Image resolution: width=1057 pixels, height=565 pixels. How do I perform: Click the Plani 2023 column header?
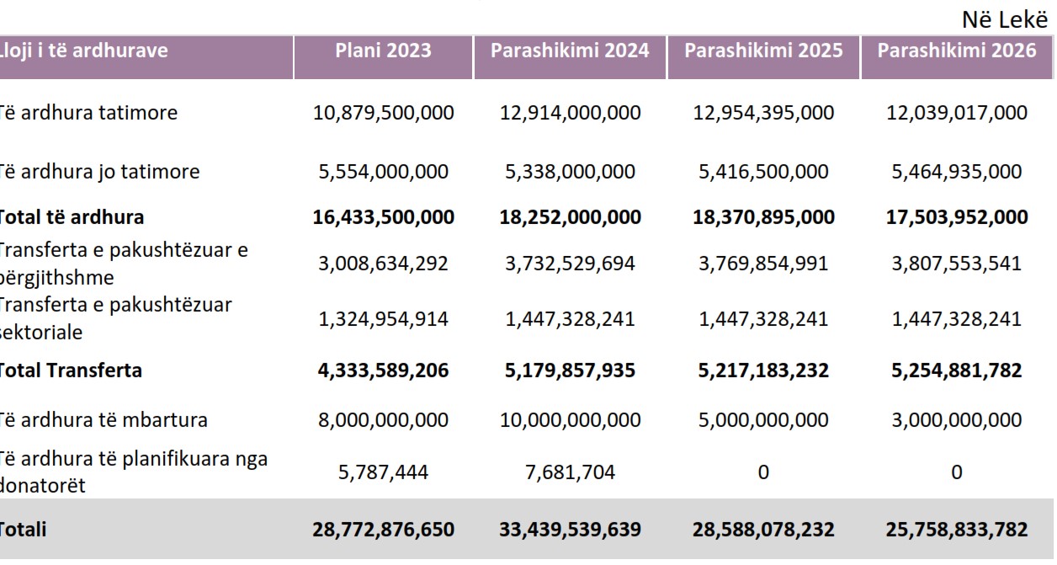click(x=383, y=51)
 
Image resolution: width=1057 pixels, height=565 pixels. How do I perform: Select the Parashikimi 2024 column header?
click(x=570, y=51)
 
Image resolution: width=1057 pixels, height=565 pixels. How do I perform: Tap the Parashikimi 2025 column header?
click(x=763, y=51)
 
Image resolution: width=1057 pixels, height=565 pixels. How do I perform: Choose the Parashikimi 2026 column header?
click(x=957, y=51)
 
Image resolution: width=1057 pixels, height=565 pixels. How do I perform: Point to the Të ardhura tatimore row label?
click(x=88, y=112)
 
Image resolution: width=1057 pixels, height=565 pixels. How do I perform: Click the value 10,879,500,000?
click(x=383, y=113)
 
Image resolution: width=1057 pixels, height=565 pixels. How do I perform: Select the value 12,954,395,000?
click(x=763, y=113)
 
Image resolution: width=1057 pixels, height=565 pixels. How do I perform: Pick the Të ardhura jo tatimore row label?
click(x=98, y=172)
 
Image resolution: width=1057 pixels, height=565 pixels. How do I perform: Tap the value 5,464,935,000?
click(x=957, y=173)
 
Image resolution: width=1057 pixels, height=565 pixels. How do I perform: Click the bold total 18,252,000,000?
click(x=570, y=217)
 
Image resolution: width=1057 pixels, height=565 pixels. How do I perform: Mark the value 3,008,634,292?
click(x=383, y=264)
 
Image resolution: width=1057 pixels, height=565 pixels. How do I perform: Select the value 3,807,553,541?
click(x=957, y=264)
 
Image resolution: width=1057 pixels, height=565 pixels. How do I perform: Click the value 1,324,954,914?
click(x=383, y=319)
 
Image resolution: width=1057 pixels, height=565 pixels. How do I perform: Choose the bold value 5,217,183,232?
click(x=763, y=370)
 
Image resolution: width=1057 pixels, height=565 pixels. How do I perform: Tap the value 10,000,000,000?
click(x=570, y=420)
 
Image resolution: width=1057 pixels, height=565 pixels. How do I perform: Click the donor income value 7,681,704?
click(x=570, y=472)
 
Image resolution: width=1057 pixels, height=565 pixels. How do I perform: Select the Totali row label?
click(x=23, y=530)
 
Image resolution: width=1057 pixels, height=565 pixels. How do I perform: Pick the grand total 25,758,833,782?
click(x=957, y=530)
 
